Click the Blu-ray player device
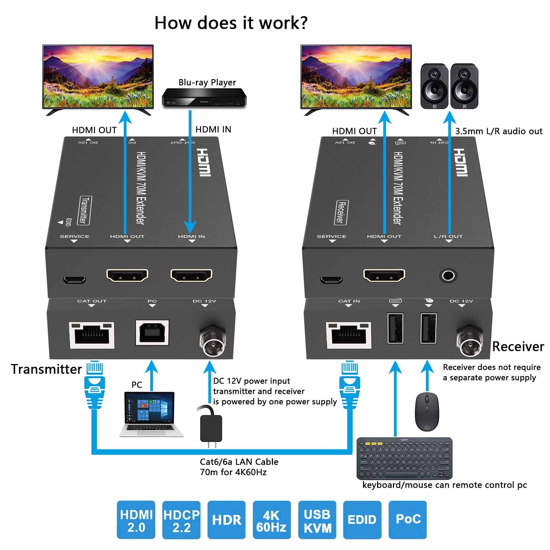tap(204, 98)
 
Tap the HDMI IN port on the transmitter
tap(191, 275)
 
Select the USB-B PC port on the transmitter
tap(152, 332)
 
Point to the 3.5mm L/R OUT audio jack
tap(448, 276)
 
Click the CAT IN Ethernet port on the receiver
tap(349, 335)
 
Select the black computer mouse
tap(427, 411)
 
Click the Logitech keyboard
tap(404, 458)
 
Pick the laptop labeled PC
tap(151, 414)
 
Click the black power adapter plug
tap(211, 428)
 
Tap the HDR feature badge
tap(227, 520)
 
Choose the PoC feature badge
tap(408, 519)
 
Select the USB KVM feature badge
tap(317, 520)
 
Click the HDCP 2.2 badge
tap(181, 520)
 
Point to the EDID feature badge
tap(362, 520)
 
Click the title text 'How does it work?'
tap(231, 23)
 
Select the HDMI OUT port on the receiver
tap(384, 275)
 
